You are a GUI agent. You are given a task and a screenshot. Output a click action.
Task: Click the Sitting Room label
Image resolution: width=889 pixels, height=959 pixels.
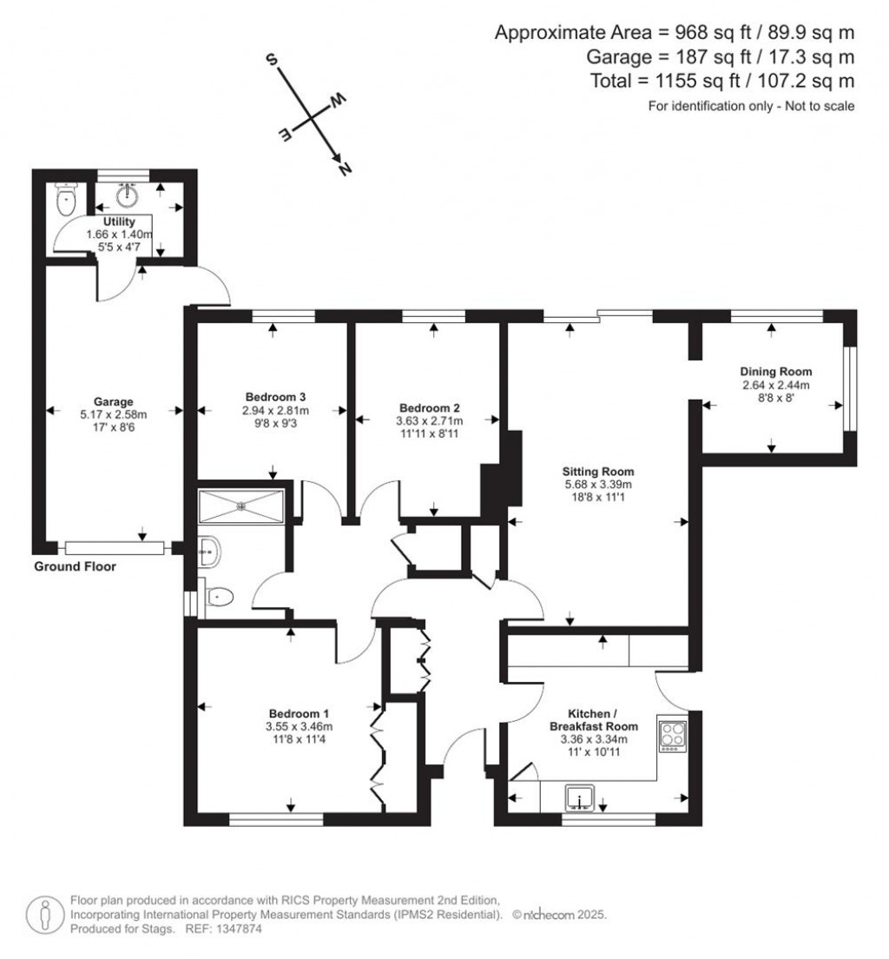click(x=598, y=472)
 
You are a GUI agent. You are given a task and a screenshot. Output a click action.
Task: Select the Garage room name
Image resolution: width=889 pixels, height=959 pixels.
click(x=115, y=401)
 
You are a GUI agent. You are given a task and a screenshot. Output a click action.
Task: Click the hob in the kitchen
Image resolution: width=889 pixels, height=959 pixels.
click(x=672, y=733)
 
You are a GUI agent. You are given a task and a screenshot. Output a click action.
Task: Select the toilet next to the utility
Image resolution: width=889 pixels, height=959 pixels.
click(x=65, y=201)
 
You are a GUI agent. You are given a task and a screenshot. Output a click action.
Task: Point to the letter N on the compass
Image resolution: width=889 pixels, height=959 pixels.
click(x=344, y=170)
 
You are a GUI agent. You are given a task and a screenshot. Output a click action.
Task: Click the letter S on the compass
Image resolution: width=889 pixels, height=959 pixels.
click(x=272, y=61)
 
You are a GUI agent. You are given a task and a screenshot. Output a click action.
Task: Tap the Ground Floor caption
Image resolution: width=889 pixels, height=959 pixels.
click(x=75, y=567)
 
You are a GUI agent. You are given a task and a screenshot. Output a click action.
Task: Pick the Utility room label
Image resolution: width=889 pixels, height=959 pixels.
click(x=118, y=222)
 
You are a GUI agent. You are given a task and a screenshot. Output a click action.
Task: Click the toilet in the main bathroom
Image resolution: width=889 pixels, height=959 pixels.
click(x=219, y=597)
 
